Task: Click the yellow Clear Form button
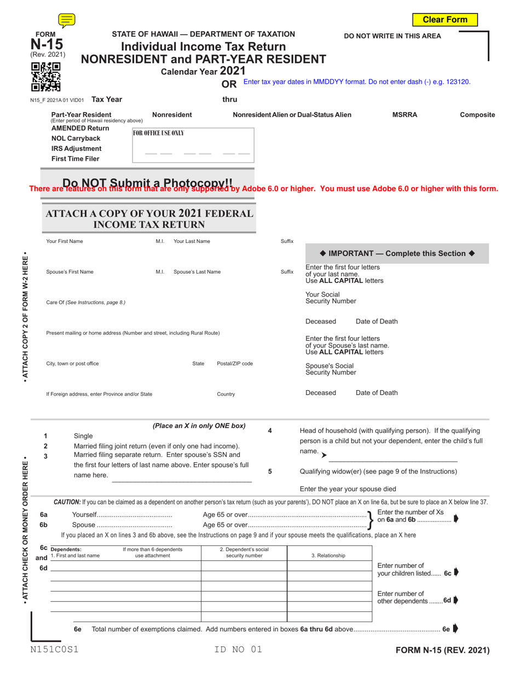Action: point(445,20)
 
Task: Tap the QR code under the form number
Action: point(45,76)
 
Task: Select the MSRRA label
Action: point(405,115)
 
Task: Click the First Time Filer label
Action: point(76,159)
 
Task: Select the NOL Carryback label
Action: point(76,138)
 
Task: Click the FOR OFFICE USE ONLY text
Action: point(159,133)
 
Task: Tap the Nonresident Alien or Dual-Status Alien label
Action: point(292,115)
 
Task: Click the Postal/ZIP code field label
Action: point(235,363)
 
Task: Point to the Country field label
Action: point(226,394)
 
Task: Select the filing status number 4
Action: point(270,431)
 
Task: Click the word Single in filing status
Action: point(83,436)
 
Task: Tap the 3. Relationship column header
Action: point(328,555)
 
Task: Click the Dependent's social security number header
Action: point(244,553)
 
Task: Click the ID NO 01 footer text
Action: point(239,650)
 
